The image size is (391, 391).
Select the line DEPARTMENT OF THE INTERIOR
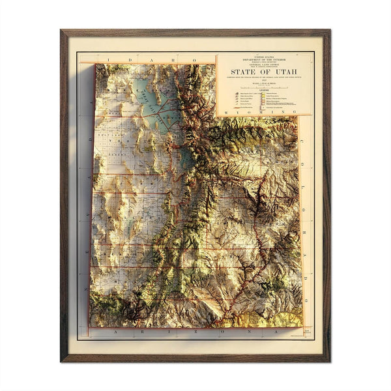(x=264, y=61)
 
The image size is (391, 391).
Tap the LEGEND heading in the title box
(x=264, y=91)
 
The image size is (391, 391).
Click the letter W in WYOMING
(x=225, y=113)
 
